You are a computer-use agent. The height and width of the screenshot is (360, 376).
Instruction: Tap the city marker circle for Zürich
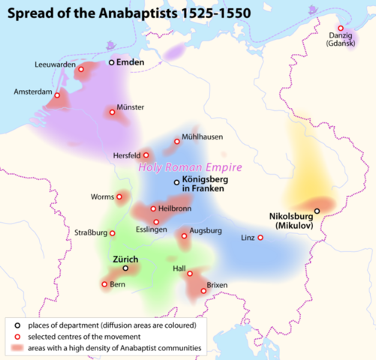[126, 268]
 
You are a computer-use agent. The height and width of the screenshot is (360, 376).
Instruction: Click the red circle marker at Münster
[113, 112]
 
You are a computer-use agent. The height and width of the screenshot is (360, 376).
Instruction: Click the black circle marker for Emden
[112, 63]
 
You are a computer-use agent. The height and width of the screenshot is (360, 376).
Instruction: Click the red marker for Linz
[260, 238]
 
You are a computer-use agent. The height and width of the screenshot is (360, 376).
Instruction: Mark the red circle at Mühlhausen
[177, 140]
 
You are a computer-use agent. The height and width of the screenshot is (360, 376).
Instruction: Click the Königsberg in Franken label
[205, 186]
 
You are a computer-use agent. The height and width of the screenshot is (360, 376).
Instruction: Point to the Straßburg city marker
[113, 233]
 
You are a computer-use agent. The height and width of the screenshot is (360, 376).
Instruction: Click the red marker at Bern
[104, 284]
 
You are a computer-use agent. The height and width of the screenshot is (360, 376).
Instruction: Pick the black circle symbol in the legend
[17, 325]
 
